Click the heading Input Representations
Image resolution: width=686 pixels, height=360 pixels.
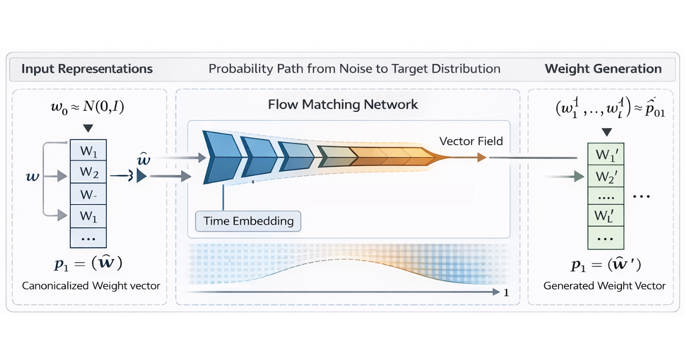(87, 69)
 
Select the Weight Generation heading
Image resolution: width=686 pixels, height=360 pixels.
(603, 69)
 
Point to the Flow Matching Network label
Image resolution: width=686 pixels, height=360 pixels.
(343, 105)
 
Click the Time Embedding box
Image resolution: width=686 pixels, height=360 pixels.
(248, 221)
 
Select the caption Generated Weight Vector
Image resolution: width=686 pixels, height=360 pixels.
(604, 285)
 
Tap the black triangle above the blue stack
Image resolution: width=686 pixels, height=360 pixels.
(87, 128)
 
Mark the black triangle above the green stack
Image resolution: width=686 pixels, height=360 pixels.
(607, 132)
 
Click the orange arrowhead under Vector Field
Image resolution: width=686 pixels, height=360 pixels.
(481, 157)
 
